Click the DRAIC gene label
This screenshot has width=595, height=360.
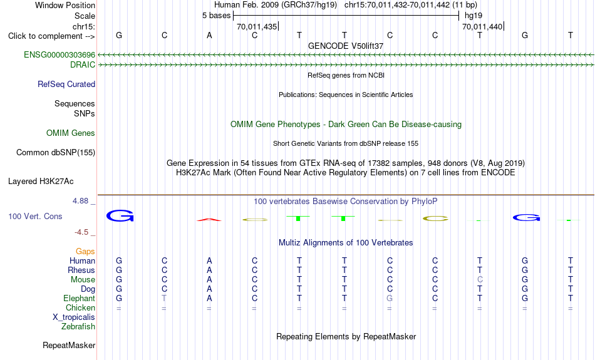tap(83, 65)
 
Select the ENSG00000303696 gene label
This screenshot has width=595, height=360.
tap(59, 55)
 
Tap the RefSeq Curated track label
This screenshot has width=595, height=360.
tap(66, 85)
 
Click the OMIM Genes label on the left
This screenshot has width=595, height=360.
tap(71, 133)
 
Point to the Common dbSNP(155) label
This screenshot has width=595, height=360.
tap(56, 153)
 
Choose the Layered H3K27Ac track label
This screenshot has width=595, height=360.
tap(41, 182)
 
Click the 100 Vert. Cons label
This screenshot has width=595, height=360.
tap(35, 216)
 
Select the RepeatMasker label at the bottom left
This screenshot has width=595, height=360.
tap(69, 345)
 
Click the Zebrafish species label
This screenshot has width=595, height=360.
tap(78, 327)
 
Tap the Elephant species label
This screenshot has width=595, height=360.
tap(80, 299)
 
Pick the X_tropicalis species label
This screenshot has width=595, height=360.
tap(74, 317)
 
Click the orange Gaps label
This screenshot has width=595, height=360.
tap(85, 252)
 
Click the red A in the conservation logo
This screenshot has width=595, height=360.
tap(209, 220)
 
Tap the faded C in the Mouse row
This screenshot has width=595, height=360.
tap(480, 280)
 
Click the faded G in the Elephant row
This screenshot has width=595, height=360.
tap(390, 299)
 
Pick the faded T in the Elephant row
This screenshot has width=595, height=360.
tap(164, 299)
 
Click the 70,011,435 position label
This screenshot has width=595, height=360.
tap(257, 26)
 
